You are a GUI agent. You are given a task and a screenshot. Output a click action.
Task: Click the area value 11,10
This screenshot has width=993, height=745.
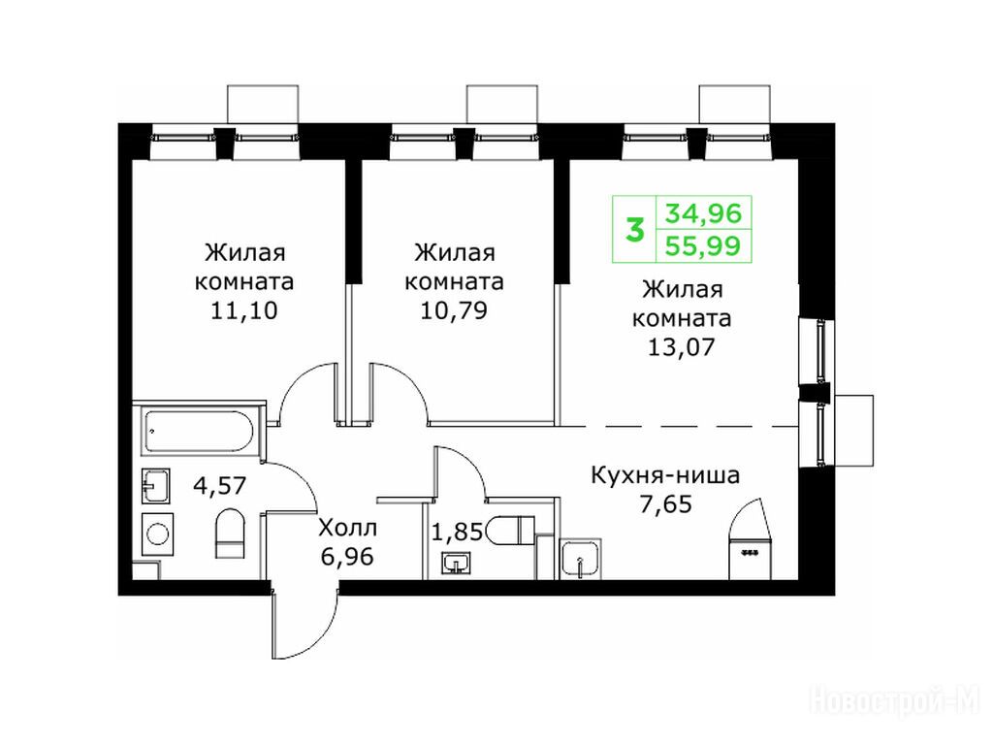point(243,311)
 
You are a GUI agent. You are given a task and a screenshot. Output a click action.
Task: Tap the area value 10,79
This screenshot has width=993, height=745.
point(454,311)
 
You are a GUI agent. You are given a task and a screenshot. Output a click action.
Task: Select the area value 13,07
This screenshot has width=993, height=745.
point(682,347)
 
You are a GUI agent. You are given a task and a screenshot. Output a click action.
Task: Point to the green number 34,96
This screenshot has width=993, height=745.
point(703,212)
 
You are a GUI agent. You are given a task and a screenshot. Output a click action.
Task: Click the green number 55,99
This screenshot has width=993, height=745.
point(703,245)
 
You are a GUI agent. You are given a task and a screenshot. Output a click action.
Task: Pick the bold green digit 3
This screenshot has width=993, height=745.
point(634,229)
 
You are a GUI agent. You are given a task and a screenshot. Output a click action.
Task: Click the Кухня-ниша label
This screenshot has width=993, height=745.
point(665,475)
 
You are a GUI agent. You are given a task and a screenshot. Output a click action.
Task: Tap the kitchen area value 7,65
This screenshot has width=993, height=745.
point(665,504)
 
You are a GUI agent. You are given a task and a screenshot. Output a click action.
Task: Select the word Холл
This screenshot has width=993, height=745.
point(348,527)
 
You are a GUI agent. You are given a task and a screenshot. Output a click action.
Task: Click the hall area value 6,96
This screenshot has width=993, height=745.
point(347,558)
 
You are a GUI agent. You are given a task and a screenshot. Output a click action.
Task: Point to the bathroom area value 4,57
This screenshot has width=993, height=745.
point(219,486)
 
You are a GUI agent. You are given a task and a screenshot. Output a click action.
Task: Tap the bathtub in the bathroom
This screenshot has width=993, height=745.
point(199,432)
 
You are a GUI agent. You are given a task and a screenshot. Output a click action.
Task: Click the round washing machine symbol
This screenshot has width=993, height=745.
point(156,534)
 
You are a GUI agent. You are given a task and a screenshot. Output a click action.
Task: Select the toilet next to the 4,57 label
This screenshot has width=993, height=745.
point(229,534)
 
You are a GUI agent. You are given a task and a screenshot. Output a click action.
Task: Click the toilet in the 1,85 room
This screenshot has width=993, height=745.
point(511,530)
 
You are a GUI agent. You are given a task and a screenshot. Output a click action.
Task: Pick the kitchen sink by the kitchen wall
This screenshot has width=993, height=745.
point(580,559)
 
